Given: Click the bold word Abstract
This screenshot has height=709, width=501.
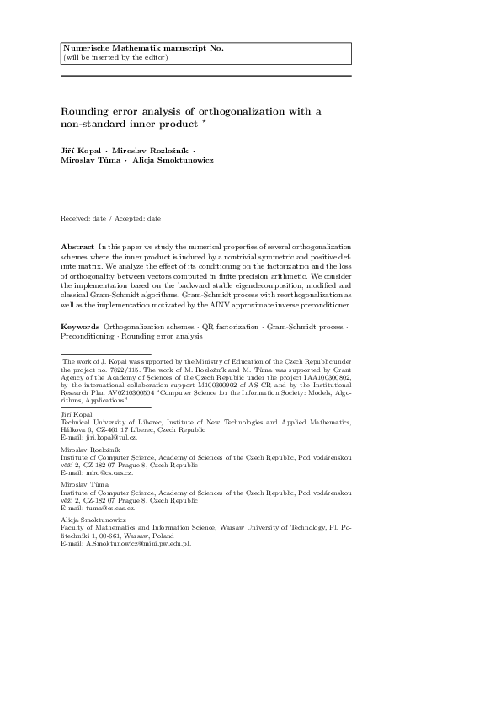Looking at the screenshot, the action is (77, 244).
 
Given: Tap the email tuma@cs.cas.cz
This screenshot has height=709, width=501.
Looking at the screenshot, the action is (109, 509).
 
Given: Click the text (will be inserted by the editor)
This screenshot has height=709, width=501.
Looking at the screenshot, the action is (116, 57).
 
